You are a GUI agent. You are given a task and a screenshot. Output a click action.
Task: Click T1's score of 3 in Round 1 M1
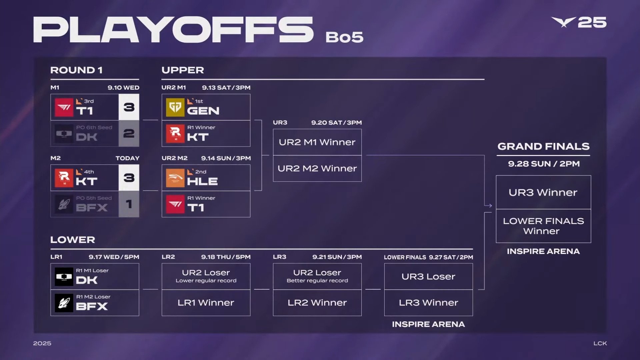[x=129, y=107]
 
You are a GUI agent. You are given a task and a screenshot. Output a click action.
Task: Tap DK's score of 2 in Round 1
[x=129, y=133]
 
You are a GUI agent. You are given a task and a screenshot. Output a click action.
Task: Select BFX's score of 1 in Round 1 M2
[x=129, y=204]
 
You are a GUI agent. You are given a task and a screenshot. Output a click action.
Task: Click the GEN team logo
[x=175, y=107]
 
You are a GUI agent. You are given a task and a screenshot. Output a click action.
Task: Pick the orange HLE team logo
[x=175, y=178]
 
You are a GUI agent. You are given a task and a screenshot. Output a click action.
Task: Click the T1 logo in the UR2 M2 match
[x=175, y=204]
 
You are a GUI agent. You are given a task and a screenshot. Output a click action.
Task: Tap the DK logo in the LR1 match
[x=64, y=277]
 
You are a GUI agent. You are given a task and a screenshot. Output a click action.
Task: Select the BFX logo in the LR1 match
[x=64, y=303]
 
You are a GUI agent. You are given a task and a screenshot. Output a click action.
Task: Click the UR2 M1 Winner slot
[x=317, y=142]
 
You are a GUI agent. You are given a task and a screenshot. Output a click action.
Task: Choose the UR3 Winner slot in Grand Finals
[x=543, y=192]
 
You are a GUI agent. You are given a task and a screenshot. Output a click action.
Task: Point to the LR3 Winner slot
[x=428, y=303]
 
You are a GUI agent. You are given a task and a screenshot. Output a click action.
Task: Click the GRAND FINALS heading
[x=543, y=146]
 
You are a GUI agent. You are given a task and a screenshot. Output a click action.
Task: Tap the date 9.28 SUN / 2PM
[x=544, y=164]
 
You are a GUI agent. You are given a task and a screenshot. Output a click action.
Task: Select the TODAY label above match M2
[x=127, y=158]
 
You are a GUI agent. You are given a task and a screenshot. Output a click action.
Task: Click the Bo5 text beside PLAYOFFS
[x=344, y=37]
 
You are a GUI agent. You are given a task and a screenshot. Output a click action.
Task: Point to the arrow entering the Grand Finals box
[x=488, y=206]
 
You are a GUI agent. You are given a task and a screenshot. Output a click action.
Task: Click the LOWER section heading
[x=73, y=240]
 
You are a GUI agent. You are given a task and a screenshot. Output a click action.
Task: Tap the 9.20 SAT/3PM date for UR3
[x=336, y=123]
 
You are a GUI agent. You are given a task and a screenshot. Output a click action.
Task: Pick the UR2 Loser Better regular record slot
[x=317, y=276]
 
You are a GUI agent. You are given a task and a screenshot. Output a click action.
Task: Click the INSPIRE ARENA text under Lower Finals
[x=428, y=324]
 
